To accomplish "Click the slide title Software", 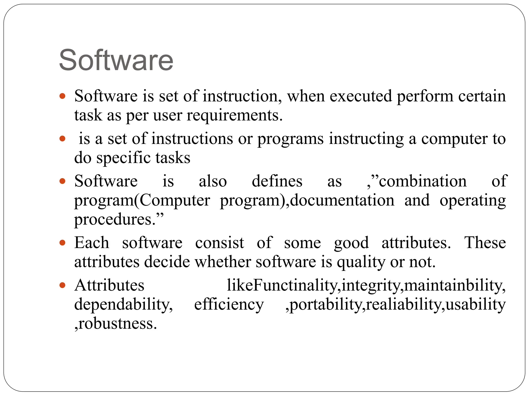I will click(116, 60).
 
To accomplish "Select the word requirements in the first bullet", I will click(234, 115).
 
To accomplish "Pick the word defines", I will click(277, 181).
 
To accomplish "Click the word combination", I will click(423, 181).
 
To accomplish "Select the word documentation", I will click(342, 200).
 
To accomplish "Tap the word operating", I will click(472, 201).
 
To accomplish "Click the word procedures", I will click(115, 219).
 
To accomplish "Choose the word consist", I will click(219, 243).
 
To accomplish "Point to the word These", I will click(485, 243).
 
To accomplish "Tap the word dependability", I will click(123, 304).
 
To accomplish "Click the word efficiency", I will click(229, 304).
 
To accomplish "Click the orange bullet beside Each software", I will click(62, 243).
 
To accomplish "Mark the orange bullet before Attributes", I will click(62, 286).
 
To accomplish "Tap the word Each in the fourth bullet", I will click(92, 243).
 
